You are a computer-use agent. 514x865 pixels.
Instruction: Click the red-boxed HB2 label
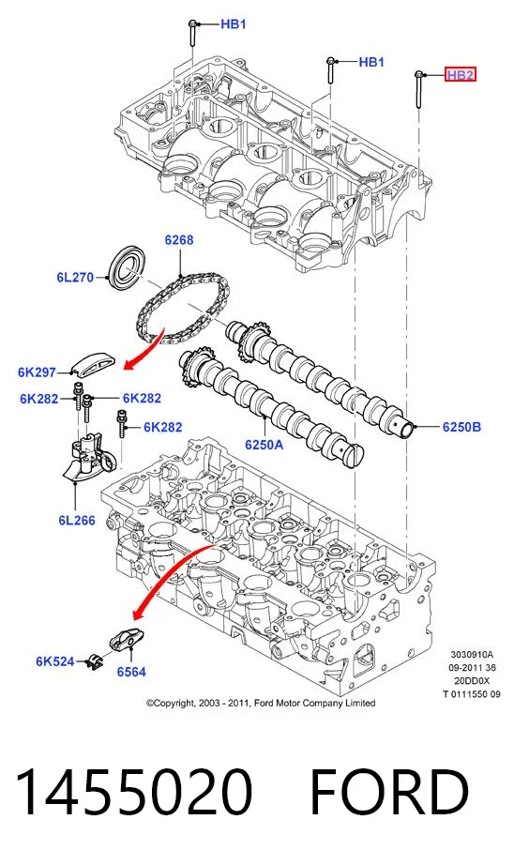461,74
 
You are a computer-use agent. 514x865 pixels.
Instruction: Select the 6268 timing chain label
179,240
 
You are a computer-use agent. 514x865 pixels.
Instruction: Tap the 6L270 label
76,277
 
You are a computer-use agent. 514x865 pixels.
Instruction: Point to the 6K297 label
37,372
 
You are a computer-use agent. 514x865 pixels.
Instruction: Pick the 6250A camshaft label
265,444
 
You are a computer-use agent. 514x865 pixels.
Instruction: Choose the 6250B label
461,427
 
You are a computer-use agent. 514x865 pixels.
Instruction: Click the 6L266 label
77,520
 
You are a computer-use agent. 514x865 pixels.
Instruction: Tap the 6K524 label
55,660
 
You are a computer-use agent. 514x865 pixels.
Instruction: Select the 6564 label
131,672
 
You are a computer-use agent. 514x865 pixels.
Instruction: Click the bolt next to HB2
418,89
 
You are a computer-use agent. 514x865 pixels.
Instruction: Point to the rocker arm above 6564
126,640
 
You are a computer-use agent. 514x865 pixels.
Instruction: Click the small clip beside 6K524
94,662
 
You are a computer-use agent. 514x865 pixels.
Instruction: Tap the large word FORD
390,791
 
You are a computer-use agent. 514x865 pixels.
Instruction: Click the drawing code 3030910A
472,655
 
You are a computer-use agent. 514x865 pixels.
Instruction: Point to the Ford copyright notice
261,703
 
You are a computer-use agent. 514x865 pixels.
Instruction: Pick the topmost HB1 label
234,24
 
